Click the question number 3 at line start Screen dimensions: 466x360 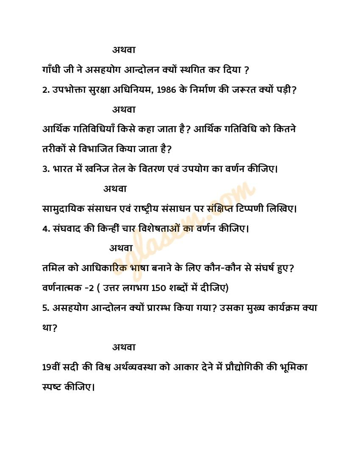click(x=46, y=169)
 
